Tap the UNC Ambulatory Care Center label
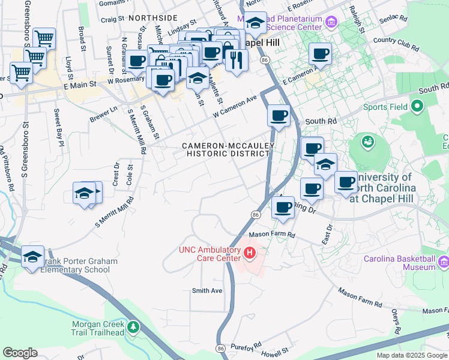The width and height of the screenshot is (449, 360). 209,254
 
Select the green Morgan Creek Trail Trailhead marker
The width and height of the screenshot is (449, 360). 133,328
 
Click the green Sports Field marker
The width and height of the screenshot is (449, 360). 417,107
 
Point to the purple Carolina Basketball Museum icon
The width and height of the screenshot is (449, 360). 444,263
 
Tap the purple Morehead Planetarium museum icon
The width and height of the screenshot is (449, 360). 330,23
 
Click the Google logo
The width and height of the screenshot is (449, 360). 20,353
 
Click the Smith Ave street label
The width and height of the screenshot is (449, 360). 207,291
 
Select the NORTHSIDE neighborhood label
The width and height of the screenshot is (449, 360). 152,19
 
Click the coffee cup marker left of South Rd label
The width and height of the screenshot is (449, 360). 279,116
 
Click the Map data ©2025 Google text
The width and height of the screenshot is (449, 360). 411,355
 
